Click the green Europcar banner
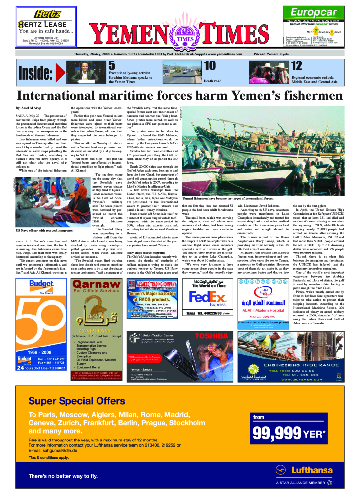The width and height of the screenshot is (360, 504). (x=314, y=12)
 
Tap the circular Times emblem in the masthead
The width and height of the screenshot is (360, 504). (x=185, y=38)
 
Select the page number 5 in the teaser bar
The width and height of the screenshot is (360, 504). (x=112, y=65)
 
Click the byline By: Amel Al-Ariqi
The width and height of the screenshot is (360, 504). (x=30, y=107)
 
